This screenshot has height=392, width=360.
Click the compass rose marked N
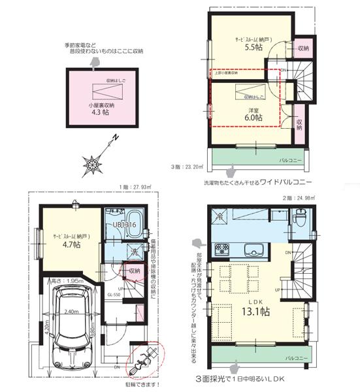tap(94, 159)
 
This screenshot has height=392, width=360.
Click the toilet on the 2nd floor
tap(300, 216)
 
